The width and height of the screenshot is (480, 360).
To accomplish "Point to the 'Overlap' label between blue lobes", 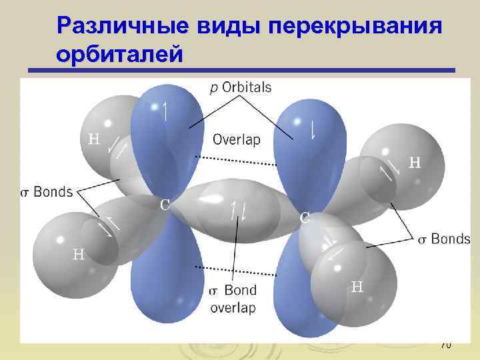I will [x=236, y=139].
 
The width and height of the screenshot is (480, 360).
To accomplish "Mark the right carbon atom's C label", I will [x=304, y=217].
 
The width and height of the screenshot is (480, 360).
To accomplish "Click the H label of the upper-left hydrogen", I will [x=95, y=139].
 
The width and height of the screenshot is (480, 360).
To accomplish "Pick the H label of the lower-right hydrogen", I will [x=357, y=287].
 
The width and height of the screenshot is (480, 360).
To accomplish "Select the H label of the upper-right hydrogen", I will [x=415, y=162].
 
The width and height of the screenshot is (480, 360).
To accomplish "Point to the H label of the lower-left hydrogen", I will [x=79, y=254].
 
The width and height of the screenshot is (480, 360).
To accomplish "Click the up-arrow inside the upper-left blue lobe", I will [x=165, y=110].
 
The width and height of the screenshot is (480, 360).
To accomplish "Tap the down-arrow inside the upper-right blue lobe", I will [x=313, y=127].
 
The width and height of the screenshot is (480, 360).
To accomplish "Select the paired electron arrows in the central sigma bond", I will [x=238, y=210].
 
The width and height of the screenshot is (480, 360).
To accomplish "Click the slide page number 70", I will [x=446, y=345].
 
